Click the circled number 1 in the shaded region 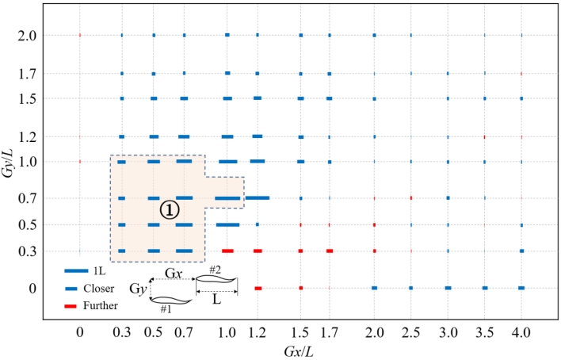(170, 209)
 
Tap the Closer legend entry (101, 288)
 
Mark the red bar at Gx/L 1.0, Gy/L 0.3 (227, 251)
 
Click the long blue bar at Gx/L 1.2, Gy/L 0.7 (258, 198)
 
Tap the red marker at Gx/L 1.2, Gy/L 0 (258, 288)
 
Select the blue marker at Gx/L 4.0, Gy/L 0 (521, 288)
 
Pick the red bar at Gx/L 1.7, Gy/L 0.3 (329, 251)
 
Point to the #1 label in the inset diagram (167, 308)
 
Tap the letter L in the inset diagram (215, 304)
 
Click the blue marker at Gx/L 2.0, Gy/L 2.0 (374, 36)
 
